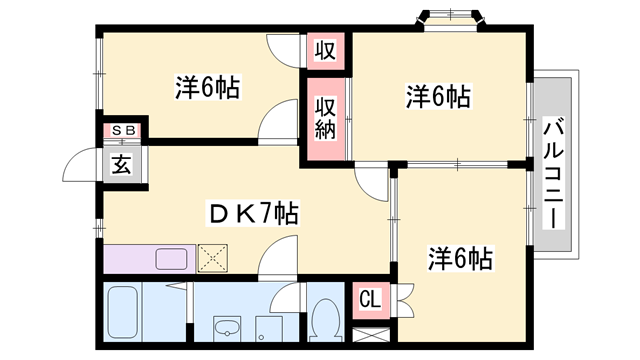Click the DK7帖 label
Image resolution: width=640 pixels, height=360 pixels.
[x=251, y=212]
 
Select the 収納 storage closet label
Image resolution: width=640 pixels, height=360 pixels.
[x=325, y=119]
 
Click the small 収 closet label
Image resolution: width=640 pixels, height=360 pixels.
[x=325, y=49]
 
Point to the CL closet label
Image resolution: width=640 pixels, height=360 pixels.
[x=369, y=298]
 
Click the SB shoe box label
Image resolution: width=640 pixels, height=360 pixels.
[x=124, y=131]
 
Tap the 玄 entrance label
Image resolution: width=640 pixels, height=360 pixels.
[x=122, y=164]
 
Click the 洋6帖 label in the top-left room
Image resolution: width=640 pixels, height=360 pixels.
[x=206, y=88]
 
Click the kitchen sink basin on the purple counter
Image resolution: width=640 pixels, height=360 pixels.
[x=173, y=259]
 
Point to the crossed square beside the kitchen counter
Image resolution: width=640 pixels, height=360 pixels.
[x=213, y=258]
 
